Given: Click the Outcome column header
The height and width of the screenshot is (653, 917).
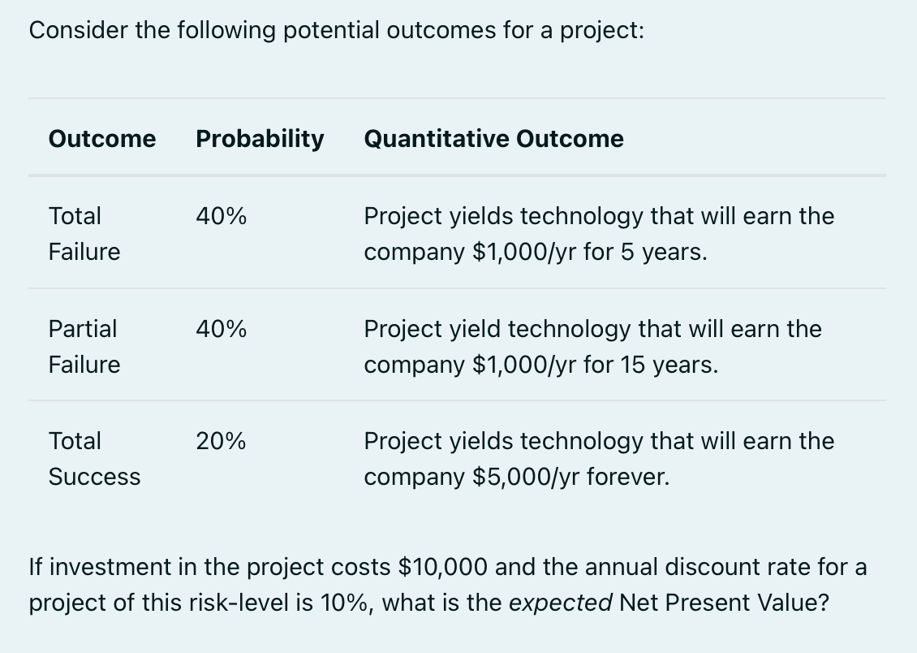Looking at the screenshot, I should (102, 139).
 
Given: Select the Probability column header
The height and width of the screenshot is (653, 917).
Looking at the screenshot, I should (260, 139).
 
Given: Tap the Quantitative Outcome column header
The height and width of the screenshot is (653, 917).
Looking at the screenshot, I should (493, 139).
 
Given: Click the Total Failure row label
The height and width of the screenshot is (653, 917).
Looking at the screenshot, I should (84, 234).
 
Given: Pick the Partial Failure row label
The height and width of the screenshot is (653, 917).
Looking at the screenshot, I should (84, 347).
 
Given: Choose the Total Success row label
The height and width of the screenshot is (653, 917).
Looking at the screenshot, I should (94, 459).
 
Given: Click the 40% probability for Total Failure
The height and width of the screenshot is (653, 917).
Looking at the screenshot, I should (222, 217).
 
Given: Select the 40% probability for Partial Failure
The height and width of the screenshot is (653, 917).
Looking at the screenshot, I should (222, 330).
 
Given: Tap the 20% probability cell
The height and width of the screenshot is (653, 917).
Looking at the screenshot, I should (222, 442).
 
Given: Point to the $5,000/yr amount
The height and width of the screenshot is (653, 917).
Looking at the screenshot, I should (526, 477).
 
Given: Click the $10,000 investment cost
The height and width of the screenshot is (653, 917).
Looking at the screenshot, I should (444, 567).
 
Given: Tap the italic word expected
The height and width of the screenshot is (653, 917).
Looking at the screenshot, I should (571, 603).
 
